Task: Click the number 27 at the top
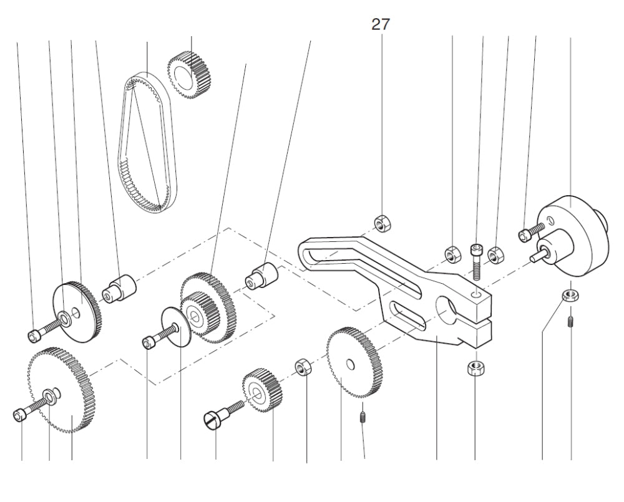(381, 25)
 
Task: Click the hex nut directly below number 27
(381, 223)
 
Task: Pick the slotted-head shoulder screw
(222, 415)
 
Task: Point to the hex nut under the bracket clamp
(475, 367)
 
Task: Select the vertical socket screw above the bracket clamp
(477, 257)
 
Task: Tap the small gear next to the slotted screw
(262, 391)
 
